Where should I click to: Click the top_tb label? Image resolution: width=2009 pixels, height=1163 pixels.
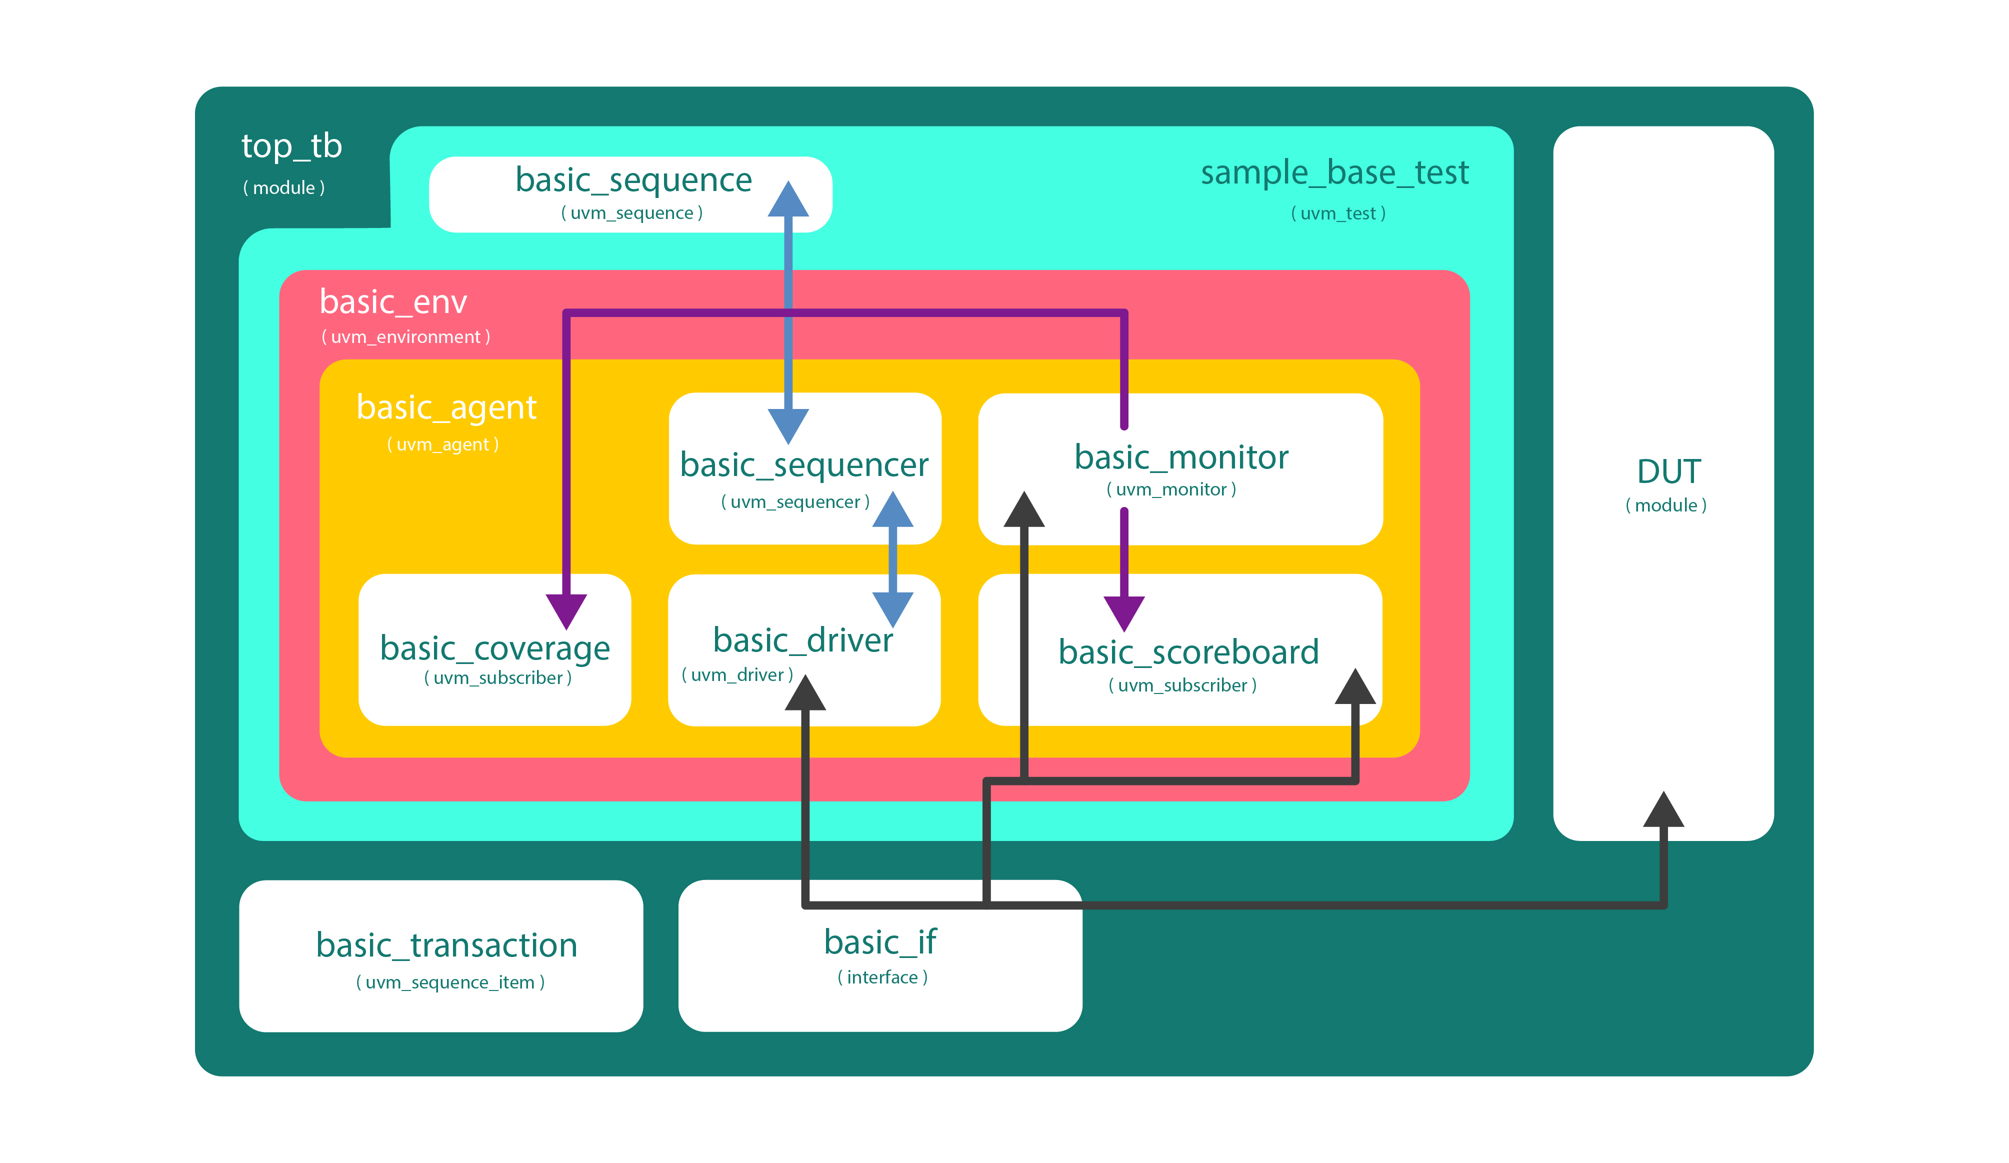[x=292, y=146]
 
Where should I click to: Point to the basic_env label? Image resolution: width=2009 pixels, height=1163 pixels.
[x=393, y=302]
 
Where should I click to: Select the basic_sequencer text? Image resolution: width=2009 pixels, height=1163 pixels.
[x=803, y=464]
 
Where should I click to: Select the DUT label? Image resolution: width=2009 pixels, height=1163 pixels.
[x=1668, y=472]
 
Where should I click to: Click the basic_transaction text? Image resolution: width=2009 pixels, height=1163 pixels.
[x=446, y=945]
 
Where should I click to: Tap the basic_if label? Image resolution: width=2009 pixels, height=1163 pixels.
[x=880, y=942]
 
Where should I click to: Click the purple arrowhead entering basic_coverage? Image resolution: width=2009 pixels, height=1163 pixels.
[x=566, y=610]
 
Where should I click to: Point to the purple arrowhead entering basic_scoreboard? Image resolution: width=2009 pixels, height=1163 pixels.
[x=1124, y=613]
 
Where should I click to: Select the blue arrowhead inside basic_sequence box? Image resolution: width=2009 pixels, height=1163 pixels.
[x=787, y=200]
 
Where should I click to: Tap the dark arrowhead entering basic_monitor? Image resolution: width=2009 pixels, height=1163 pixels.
[x=1023, y=510]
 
